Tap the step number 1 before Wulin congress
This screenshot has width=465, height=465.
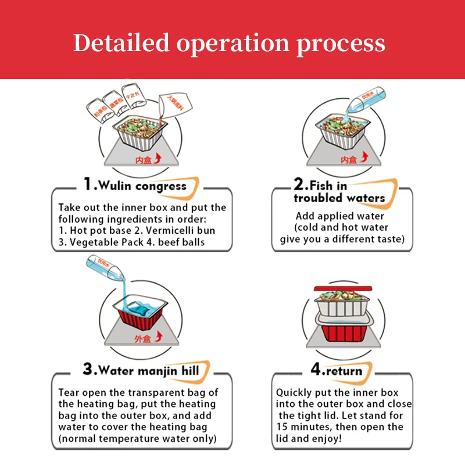88,185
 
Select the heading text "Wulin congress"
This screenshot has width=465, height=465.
142,186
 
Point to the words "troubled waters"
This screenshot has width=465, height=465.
339,198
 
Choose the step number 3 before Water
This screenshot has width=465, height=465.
88,369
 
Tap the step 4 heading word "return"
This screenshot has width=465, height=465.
343,370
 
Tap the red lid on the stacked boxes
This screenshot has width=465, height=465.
344,289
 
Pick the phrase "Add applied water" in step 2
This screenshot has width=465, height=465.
334,216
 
